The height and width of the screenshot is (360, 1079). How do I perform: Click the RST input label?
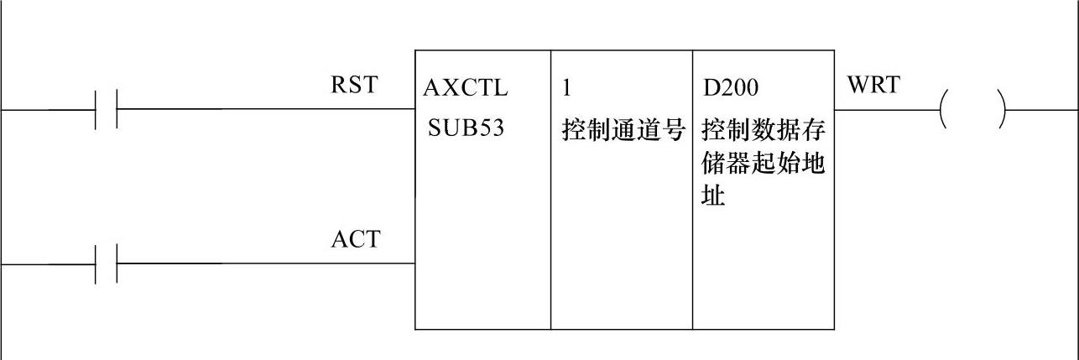(354, 86)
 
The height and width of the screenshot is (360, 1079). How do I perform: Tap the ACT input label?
(355, 240)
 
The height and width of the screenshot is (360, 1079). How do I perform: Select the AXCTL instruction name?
(466, 88)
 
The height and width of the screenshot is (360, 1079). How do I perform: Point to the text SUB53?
(466, 130)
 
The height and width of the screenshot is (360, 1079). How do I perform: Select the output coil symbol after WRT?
(972, 109)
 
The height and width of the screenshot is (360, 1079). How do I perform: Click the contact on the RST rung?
(106, 109)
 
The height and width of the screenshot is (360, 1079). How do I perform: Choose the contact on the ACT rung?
(106, 263)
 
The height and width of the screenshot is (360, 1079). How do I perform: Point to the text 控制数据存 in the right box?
(764, 131)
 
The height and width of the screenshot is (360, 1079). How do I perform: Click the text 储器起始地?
(764, 164)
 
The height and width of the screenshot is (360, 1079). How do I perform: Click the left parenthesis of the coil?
(945, 109)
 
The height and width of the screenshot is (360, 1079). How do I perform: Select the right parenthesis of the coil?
(1001, 109)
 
